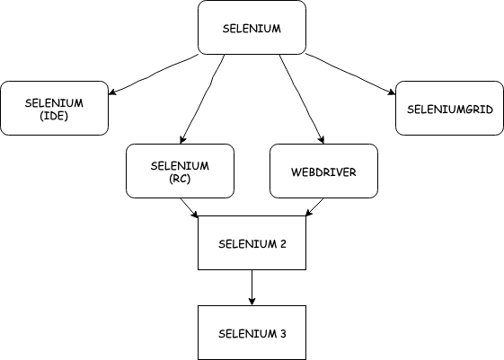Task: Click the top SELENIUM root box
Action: tap(252, 27)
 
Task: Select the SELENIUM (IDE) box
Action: tap(54, 108)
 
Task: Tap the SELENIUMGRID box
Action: tap(449, 108)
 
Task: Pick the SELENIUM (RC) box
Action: tap(181, 171)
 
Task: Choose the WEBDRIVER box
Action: tap(323, 171)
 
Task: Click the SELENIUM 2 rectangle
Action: tap(252, 242)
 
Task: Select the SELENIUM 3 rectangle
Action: tap(252, 332)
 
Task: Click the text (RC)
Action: tap(181, 178)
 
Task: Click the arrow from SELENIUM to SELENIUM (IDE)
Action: tap(153, 75)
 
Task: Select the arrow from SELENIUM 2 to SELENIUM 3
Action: tap(252, 285)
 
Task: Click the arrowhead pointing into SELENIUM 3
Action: tap(252, 301)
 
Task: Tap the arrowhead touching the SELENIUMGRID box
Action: tap(391, 91)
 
